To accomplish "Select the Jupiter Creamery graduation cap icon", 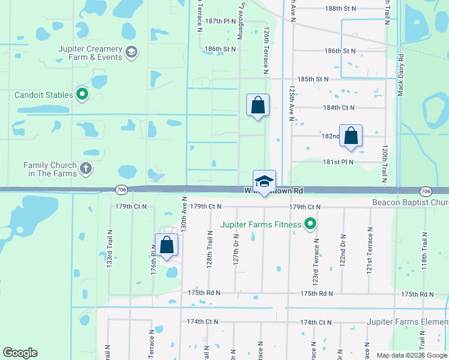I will pyautogui.click(x=131, y=53).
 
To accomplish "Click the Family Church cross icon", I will pyautogui.click(x=86, y=169).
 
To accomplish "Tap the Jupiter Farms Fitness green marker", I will pyautogui.click(x=310, y=225).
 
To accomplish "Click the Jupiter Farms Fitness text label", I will pyautogui.click(x=261, y=225).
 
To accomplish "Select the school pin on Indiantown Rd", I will pyautogui.click(x=264, y=181).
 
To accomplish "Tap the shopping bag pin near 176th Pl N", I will pyautogui.click(x=166, y=245).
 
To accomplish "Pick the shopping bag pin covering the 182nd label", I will pyautogui.click(x=351, y=136).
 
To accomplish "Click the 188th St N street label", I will pyautogui.click(x=340, y=8).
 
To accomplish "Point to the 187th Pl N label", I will pyautogui.click(x=220, y=21).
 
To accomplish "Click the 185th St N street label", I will pyautogui.click(x=313, y=79).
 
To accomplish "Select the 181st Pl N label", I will pyautogui.click(x=338, y=162).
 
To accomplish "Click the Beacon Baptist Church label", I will pyautogui.click(x=410, y=203).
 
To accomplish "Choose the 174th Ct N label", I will pyautogui.click(x=202, y=322).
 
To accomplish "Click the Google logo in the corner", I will pyautogui.click(x=20, y=353).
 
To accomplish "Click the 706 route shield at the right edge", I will pyautogui.click(x=425, y=191).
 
